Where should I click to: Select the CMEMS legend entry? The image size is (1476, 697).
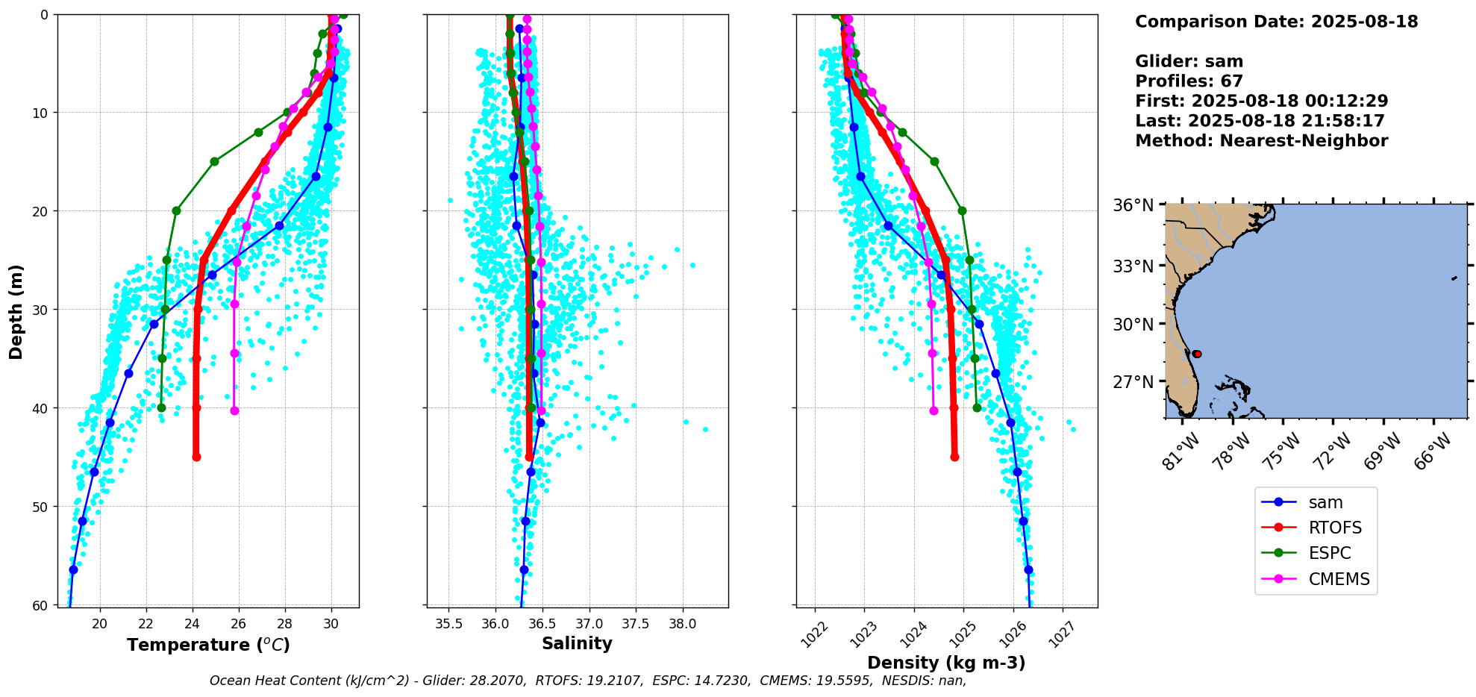point(1339,579)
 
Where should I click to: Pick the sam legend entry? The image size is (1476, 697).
point(1325,502)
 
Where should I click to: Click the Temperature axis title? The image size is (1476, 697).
point(208,645)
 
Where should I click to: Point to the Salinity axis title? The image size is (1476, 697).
point(577,643)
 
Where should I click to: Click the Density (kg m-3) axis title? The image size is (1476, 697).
point(946,663)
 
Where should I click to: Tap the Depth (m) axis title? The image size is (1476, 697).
point(16,311)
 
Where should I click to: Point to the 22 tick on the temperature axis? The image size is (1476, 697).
point(146,624)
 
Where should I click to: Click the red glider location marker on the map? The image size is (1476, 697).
point(1197,354)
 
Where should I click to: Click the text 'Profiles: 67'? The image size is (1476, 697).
point(1189,81)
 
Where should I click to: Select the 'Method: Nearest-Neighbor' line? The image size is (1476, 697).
point(1261,141)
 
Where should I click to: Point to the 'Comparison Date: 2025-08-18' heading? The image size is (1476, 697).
point(1276,22)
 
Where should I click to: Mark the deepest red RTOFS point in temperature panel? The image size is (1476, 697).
point(196,457)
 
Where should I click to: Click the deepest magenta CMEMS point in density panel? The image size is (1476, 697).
point(934,410)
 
